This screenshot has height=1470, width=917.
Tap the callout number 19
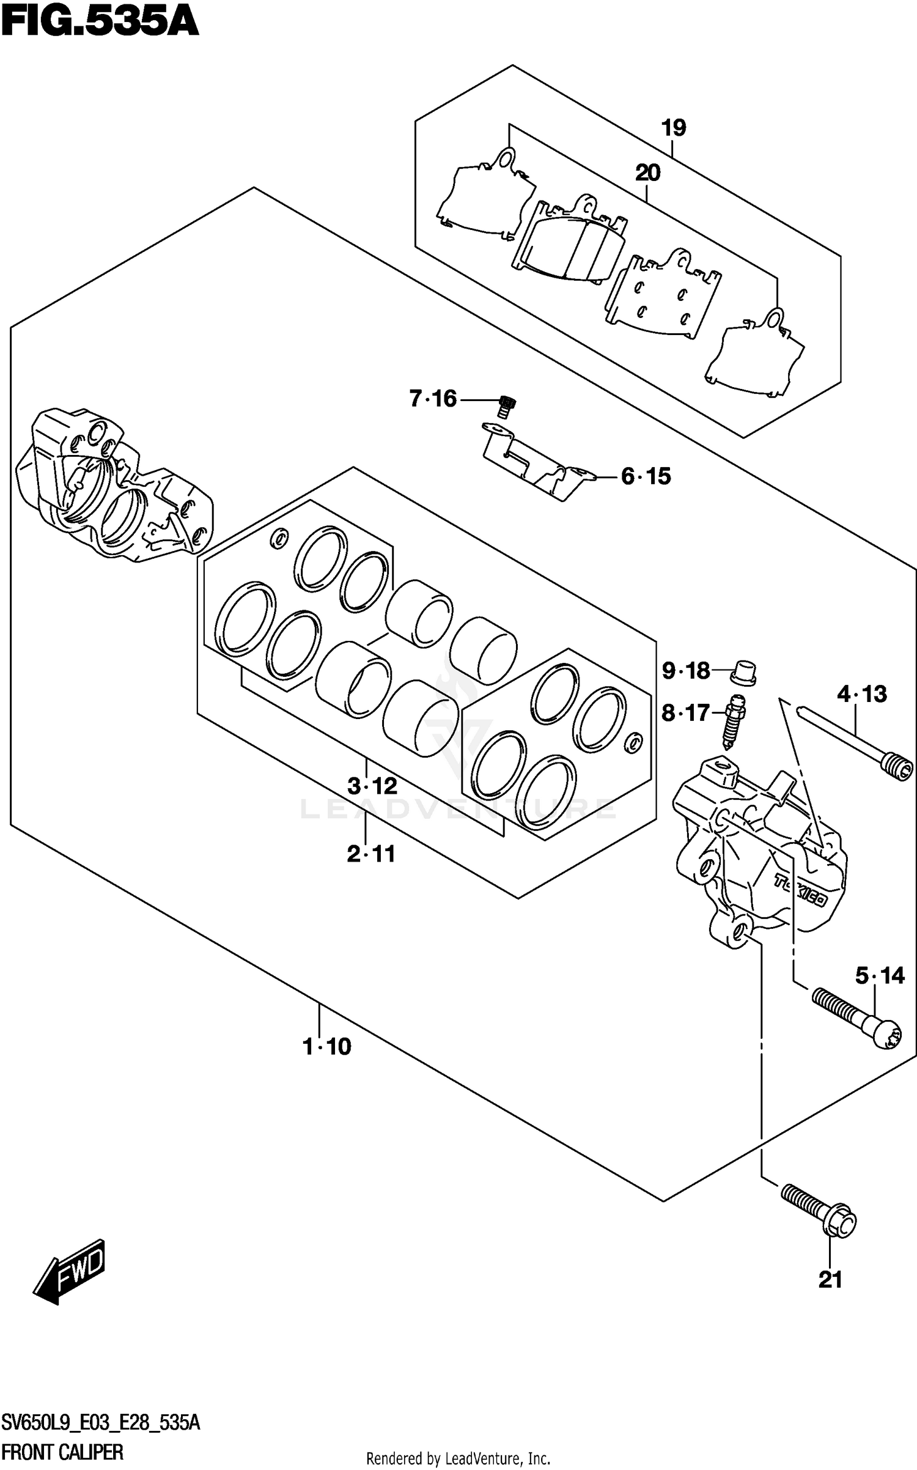[673, 128]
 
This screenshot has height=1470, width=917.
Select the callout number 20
[647, 174]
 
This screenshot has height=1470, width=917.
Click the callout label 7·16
[433, 399]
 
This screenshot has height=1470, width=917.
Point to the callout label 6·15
[646, 476]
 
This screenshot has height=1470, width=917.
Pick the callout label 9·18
[686, 671]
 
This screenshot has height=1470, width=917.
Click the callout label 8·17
[686, 713]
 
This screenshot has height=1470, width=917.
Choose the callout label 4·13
[862, 694]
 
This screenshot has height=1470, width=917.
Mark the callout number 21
[830, 1280]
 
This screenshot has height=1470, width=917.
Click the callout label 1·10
[328, 1047]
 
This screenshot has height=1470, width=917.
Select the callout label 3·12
[372, 786]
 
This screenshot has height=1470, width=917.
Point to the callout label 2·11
[371, 854]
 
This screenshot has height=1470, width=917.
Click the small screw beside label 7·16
[507, 405]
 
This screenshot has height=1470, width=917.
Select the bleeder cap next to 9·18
[744, 673]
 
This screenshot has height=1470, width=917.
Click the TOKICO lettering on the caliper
[801, 891]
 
